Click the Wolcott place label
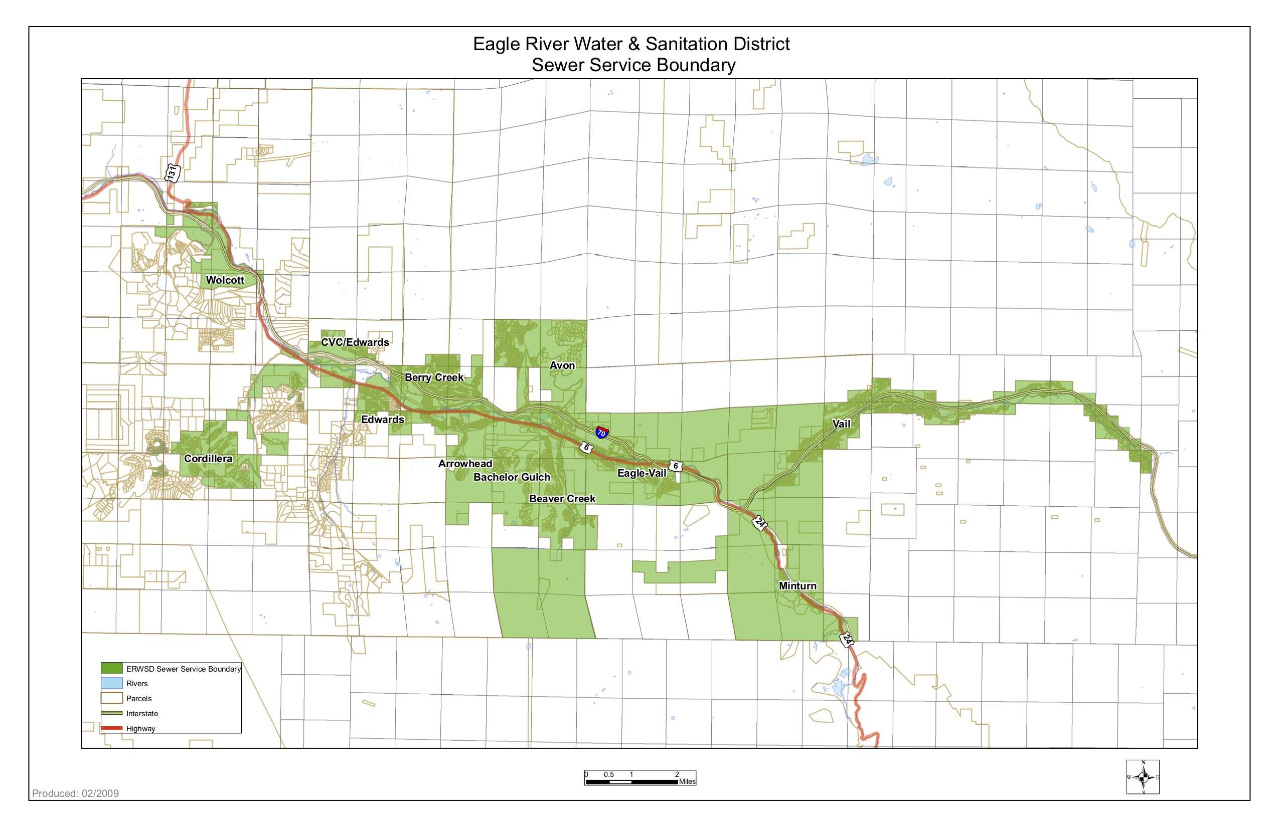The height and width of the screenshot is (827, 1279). tap(225, 280)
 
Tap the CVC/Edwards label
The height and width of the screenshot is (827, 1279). tap(355, 342)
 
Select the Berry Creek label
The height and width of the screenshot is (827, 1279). tap(434, 377)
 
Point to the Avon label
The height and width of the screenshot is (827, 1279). tap(562, 365)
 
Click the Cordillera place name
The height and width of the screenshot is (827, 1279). tap(208, 459)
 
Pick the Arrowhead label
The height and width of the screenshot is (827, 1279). tap(465, 464)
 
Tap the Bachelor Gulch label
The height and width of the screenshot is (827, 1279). tap(512, 477)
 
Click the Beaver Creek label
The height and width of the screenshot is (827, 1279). tap(562, 498)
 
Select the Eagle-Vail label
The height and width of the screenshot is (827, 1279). tap(642, 473)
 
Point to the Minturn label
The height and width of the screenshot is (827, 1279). tap(797, 586)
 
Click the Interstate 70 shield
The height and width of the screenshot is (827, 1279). tap(602, 432)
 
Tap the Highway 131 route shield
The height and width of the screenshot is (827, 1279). tap(172, 173)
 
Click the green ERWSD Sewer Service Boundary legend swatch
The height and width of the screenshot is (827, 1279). tap(112, 669)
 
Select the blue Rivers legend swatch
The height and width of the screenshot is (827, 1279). tap(112, 684)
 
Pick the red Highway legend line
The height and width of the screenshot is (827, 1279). tap(112, 729)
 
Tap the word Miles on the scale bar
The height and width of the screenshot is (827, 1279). tap(687, 781)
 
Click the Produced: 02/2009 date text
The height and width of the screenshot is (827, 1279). tap(75, 793)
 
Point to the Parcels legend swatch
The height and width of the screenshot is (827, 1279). tap(112, 699)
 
